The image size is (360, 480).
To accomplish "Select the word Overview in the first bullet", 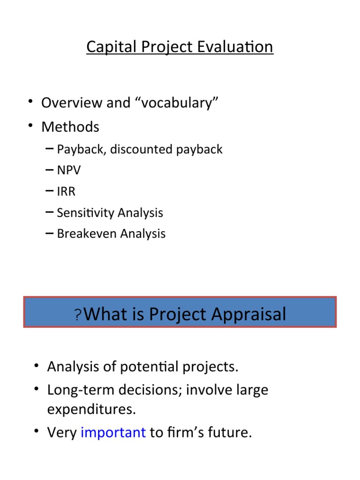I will [x=72, y=103].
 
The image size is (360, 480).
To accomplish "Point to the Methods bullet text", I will [x=70, y=127].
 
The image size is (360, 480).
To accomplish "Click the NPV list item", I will [x=68, y=170].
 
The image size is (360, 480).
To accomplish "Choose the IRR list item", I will [x=66, y=191].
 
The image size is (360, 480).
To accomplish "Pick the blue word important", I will [x=113, y=433].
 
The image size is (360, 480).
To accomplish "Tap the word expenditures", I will [x=91, y=409].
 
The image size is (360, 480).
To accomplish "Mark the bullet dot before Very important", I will [x=37, y=433].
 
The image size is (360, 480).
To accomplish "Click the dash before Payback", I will [x=49, y=149].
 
